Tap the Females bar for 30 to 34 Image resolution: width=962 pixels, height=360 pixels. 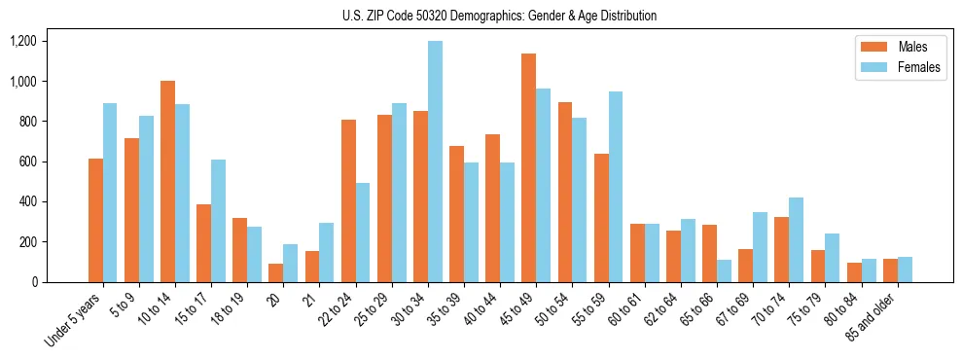[x=435, y=162]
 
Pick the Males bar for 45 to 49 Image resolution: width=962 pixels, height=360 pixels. [x=528, y=167]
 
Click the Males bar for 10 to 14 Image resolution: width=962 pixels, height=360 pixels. [x=167, y=181]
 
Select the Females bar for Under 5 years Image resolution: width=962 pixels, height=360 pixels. [x=110, y=193]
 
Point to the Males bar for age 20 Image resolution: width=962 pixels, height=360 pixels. [x=275, y=272]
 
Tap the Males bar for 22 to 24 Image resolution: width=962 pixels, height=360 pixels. [x=348, y=200]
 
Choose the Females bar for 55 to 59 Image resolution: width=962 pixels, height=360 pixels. [x=616, y=187]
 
